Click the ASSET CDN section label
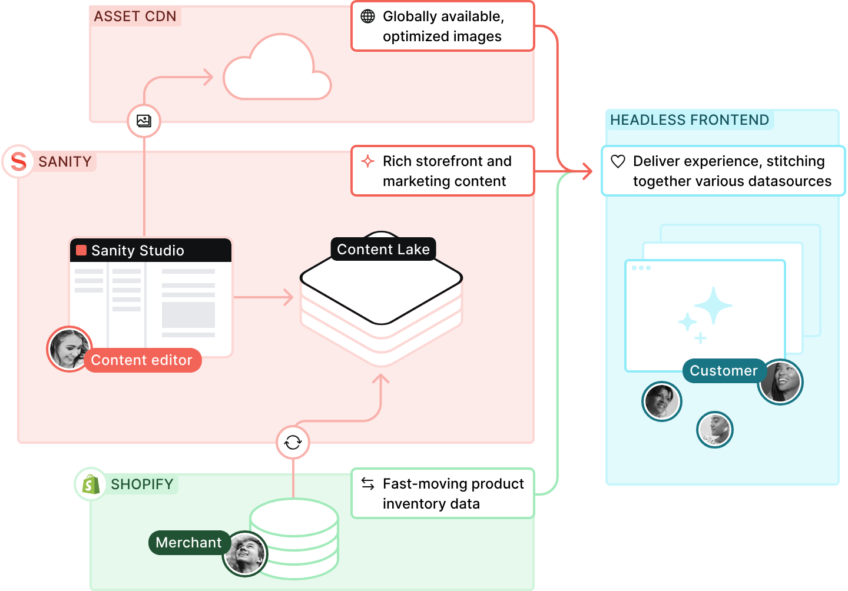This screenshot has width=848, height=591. coord(135,16)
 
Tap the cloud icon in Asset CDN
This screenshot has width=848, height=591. coord(277,69)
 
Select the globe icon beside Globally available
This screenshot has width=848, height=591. coord(367,16)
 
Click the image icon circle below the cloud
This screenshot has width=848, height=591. coord(144,121)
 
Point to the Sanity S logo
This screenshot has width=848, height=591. coord(18,161)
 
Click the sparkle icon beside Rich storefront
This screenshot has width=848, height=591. coord(367,161)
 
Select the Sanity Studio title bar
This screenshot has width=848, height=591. coord(151,251)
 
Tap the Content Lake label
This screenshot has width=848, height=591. coord(383,250)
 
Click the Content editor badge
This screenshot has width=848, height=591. coord(142,360)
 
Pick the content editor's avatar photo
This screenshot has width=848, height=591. coord(68,348)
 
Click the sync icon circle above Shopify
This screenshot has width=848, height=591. coord(293,442)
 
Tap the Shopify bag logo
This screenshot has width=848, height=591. coord(91,484)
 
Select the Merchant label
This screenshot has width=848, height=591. coord(188,543)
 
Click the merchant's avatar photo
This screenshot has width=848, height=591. coord(245,554)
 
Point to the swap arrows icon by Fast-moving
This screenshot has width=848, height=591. coord(367,484)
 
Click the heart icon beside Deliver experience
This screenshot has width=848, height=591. coord(618,161)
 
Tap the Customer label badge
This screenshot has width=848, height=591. coord(724,371)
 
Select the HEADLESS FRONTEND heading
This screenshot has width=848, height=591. coord(690,120)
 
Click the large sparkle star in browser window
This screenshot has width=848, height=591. coord(714,306)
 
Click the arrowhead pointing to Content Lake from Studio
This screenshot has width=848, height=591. coord(289,297)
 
